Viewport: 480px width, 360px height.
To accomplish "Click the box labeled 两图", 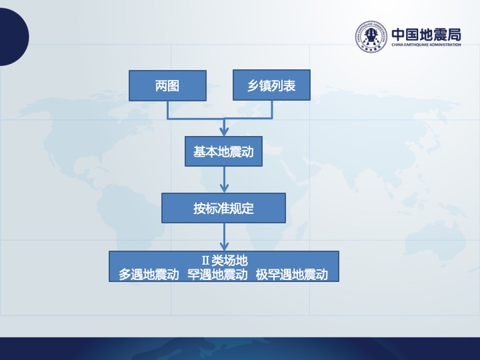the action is tap(167, 86).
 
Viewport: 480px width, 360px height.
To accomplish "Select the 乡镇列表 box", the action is tap(271, 85).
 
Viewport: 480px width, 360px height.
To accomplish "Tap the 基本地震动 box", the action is tap(223, 151).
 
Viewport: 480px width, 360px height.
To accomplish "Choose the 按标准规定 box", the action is tap(223, 208).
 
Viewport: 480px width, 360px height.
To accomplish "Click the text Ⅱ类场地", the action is tap(225, 261).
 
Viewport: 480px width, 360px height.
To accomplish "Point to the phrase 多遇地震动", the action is tap(149, 274).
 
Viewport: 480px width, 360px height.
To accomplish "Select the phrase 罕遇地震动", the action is tap(217, 274).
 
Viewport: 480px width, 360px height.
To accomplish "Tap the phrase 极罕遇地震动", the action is tap(292, 274).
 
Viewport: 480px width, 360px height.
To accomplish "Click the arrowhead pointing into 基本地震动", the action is tap(224, 131).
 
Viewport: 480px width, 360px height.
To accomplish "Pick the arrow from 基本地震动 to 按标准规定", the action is tap(224, 180).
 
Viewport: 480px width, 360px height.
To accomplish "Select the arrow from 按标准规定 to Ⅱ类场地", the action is tap(224, 237).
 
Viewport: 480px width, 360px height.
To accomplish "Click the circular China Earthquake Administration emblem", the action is tap(371, 37).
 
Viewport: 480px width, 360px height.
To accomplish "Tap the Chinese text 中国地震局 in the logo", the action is tap(426, 35).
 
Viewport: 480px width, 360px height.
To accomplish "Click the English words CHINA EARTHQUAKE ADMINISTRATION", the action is tap(426, 45).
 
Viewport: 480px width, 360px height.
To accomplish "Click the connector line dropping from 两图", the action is tap(167, 110).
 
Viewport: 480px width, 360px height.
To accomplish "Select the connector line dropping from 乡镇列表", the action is tap(272, 109).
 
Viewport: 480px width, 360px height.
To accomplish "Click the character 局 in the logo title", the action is tap(454, 35).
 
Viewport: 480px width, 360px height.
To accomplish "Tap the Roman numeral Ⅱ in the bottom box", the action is tap(205, 261).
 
